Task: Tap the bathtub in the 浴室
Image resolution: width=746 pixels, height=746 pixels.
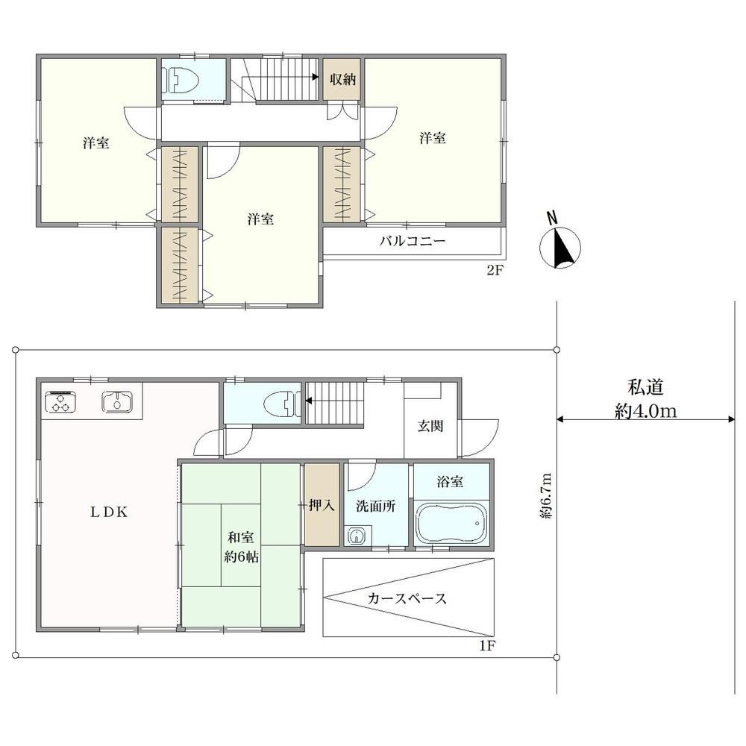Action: point(451,522)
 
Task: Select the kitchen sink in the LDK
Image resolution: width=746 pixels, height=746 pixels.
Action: point(117,401)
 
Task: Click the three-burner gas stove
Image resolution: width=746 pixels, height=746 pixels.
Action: point(60,401)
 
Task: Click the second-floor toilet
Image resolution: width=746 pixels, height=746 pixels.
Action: point(181,78)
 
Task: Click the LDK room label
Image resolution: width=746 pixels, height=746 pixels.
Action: point(110,512)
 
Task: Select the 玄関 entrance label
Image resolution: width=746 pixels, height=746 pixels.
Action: point(430,426)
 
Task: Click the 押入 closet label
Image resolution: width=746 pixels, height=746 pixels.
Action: point(322,505)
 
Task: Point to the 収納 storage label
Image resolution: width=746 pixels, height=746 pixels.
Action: point(342,79)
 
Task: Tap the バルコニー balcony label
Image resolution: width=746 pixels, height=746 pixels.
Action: point(413,241)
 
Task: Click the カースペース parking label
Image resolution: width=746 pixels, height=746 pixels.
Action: point(407,598)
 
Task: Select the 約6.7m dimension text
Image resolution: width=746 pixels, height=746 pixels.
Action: point(546,496)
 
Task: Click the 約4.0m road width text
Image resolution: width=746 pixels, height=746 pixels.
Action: point(645,410)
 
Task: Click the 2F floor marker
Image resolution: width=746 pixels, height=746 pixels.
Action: point(495,270)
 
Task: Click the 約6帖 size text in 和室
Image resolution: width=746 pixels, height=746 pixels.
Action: point(241,557)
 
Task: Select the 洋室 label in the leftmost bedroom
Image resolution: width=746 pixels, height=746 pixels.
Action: point(96,142)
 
